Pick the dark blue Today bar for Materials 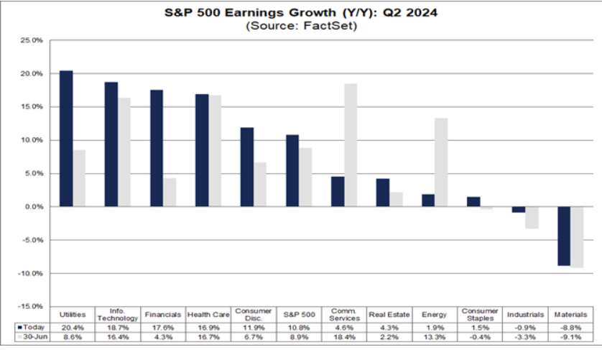point(563,236)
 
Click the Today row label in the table point(29,326)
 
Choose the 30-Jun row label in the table point(29,336)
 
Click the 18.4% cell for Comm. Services point(344,336)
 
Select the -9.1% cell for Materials point(570,336)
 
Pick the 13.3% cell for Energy point(435,336)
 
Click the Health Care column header point(208,315)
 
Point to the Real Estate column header point(389,315)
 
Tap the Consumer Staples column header point(480,314)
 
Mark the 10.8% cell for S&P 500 point(299,326)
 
